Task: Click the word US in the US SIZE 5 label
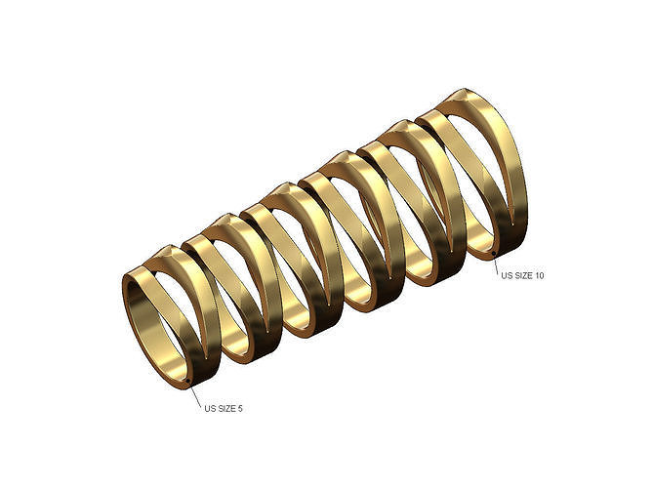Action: pyautogui.click(x=209, y=409)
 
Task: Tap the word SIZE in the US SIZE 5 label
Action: pyautogui.click(x=225, y=409)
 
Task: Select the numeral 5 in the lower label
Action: pyautogui.click(x=240, y=409)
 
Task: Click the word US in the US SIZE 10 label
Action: pyautogui.click(x=506, y=275)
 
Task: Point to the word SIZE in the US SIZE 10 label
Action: pyautogui.click(x=522, y=275)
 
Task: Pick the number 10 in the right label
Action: pyautogui.click(x=540, y=275)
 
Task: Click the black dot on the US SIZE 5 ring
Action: pyautogui.click(x=188, y=381)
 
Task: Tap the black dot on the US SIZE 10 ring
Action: pyautogui.click(x=494, y=253)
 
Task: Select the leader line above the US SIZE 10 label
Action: pyautogui.click(x=496, y=264)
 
